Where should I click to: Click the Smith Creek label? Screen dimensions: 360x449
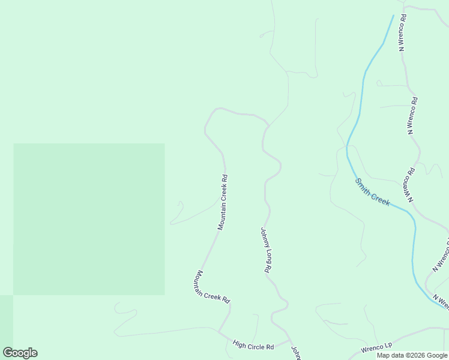pyautogui.click(x=373, y=192)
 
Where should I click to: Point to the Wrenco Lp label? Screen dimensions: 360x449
pyautogui.click(x=376, y=347)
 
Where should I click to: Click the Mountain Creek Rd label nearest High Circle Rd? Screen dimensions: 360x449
pyautogui.click(x=212, y=286)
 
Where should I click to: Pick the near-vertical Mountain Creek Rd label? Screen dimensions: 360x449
pyautogui.click(x=223, y=202)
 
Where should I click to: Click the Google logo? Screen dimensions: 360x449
pyautogui.click(x=20, y=353)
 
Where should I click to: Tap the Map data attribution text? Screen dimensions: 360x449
pyautogui.click(x=412, y=355)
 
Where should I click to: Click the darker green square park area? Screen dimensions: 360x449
pyautogui.click(x=89, y=219)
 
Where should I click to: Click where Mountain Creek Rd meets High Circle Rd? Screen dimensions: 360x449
pyautogui.click(x=218, y=331)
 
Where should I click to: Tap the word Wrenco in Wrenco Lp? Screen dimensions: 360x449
pyautogui.click(x=372, y=348)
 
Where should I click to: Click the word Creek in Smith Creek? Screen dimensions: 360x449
pyautogui.click(x=381, y=198)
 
